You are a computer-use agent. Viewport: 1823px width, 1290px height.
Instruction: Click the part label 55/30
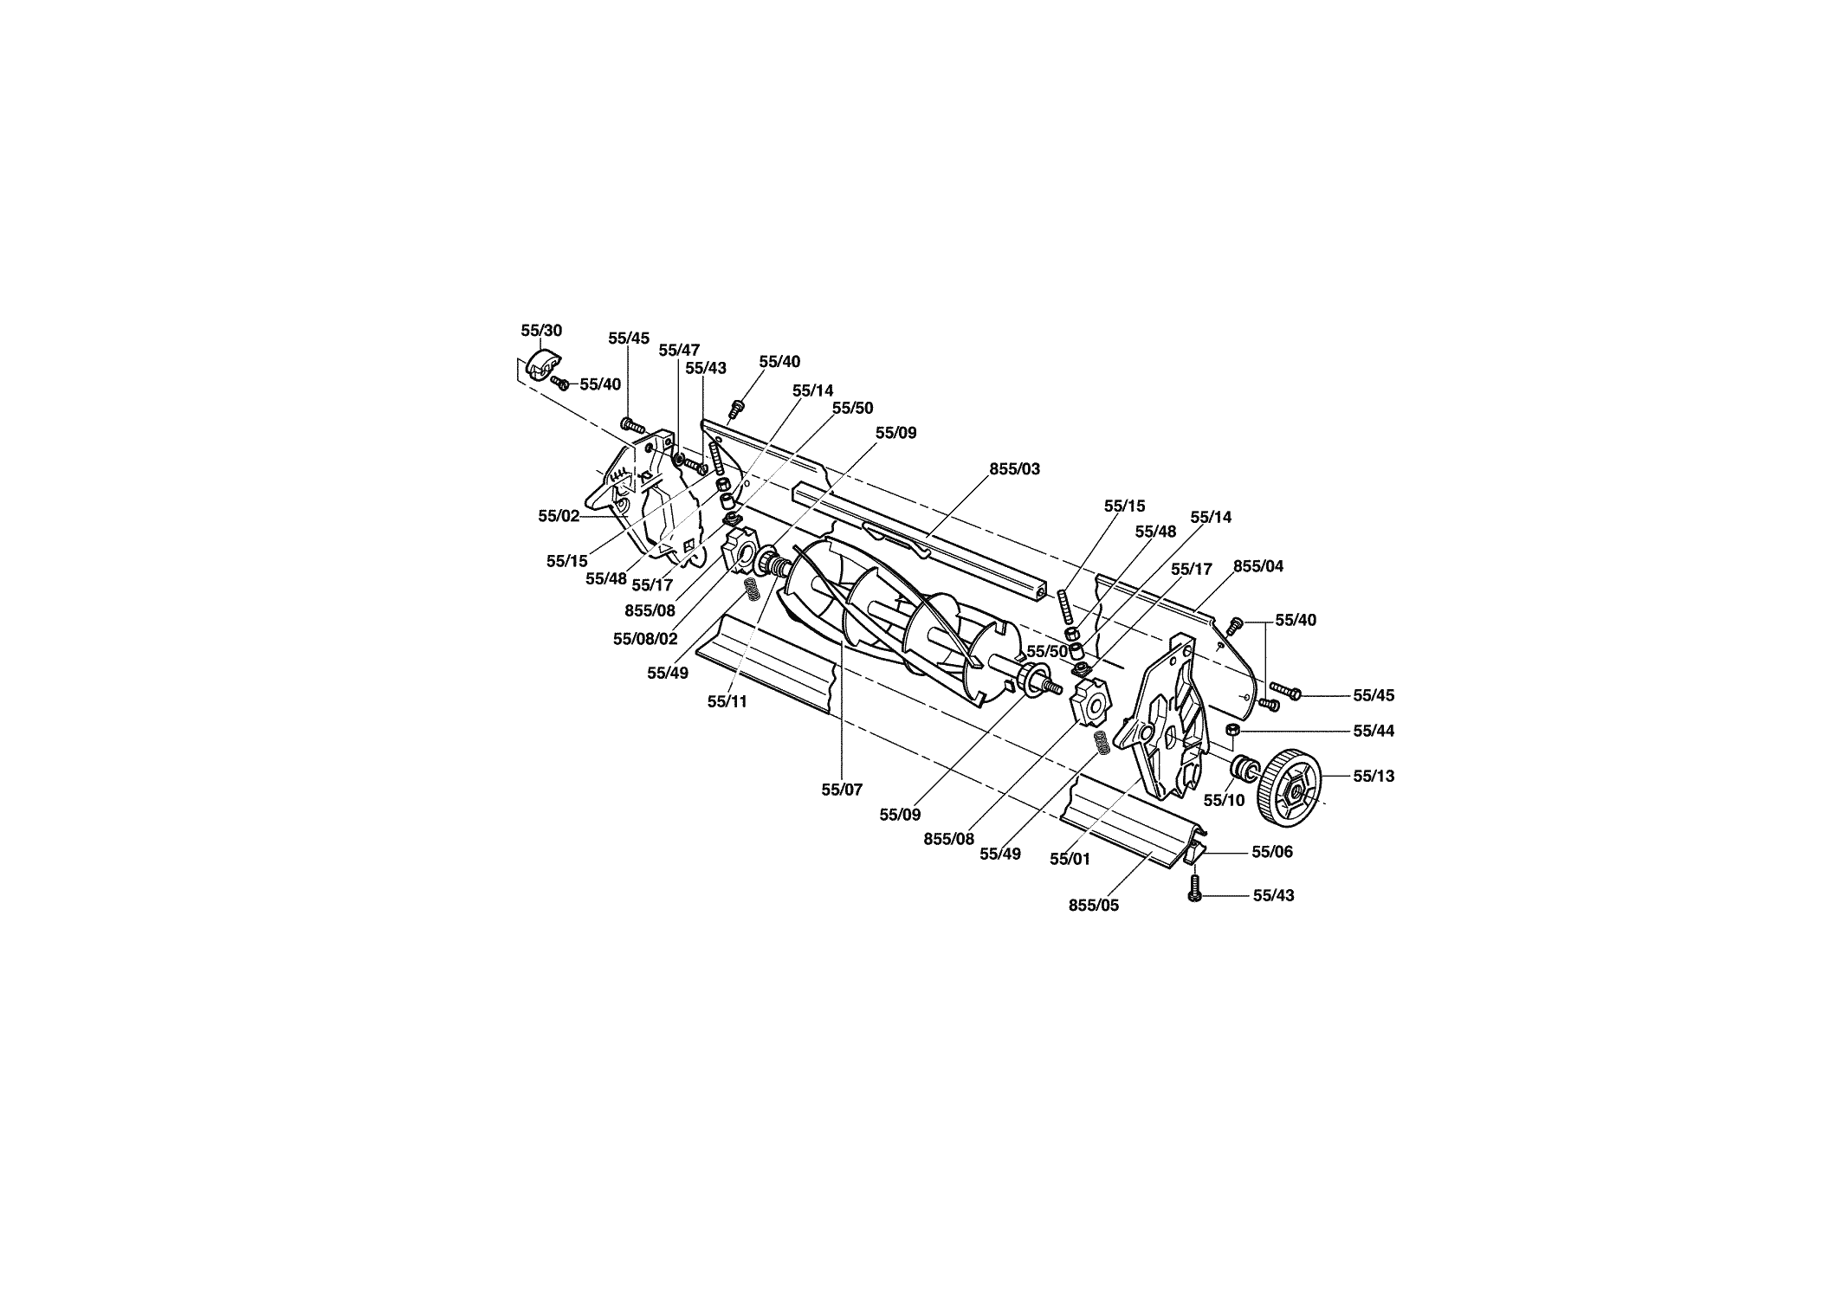coord(541,331)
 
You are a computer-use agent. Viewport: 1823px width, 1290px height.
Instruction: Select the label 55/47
coord(679,350)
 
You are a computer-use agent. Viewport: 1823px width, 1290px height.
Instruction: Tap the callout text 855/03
coord(1015,469)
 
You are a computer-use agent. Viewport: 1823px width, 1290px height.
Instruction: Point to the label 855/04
coord(1258,566)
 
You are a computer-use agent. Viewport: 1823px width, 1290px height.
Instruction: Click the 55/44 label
coord(1374,731)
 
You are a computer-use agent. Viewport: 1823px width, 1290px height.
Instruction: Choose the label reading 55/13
coord(1374,776)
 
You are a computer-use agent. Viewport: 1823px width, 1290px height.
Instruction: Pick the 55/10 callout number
coord(1224,800)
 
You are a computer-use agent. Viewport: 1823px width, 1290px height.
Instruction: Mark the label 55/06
coord(1272,852)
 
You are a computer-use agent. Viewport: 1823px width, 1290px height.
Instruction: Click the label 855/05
coord(1094,906)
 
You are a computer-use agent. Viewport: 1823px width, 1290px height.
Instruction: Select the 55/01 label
coord(1070,859)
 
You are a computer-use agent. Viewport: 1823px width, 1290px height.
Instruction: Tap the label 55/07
coord(842,790)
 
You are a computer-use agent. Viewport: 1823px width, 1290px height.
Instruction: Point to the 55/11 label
coord(727,701)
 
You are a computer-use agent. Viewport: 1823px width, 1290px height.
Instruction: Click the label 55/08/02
coord(645,639)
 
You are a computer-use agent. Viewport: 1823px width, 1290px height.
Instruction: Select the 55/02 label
coord(559,516)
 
